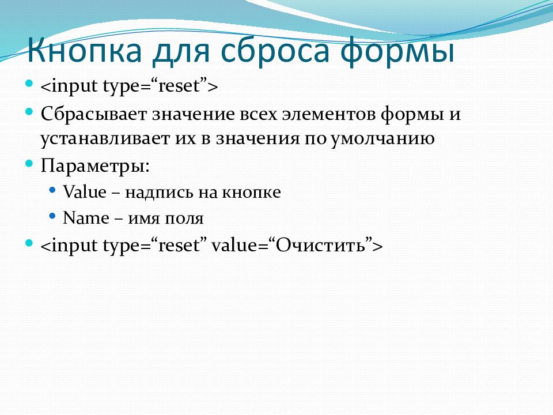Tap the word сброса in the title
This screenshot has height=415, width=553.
point(271,51)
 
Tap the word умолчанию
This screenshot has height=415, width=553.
point(381,139)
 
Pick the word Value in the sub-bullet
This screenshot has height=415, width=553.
point(85,193)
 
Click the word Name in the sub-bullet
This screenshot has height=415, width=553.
point(86,218)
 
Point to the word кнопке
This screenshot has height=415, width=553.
point(256,193)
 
